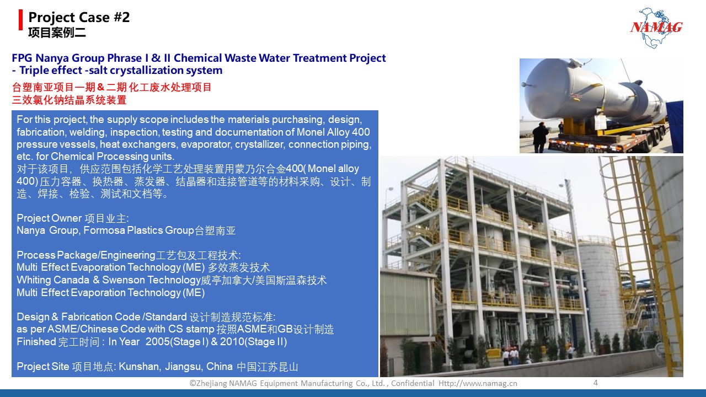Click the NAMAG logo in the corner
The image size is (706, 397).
656,28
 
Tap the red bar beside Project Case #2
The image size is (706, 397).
21,20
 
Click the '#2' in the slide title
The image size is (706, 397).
121,17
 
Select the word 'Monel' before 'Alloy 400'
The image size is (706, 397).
310,132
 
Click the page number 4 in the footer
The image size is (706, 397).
595,383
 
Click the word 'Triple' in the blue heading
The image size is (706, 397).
35,70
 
